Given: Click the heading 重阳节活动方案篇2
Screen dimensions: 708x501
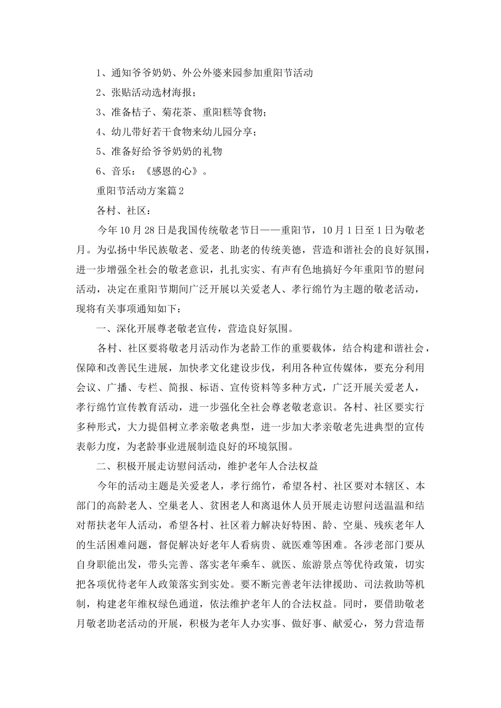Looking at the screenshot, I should (140, 191).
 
